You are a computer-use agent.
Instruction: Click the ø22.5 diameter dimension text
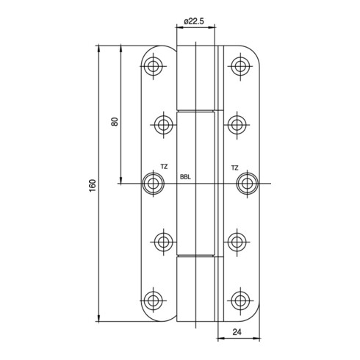[194, 21]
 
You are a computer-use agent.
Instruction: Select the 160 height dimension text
[93, 185]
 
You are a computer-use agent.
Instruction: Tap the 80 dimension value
[115, 121]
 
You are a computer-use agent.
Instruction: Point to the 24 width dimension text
[237, 332]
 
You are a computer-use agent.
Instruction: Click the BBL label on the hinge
[185, 177]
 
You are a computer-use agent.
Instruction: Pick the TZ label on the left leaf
[164, 167]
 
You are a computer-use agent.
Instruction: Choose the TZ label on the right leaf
[234, 168]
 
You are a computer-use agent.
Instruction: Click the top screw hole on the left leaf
[154, 66]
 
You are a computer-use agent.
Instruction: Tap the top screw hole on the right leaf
[241, 66]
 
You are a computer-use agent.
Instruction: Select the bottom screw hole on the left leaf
[154, 300]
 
